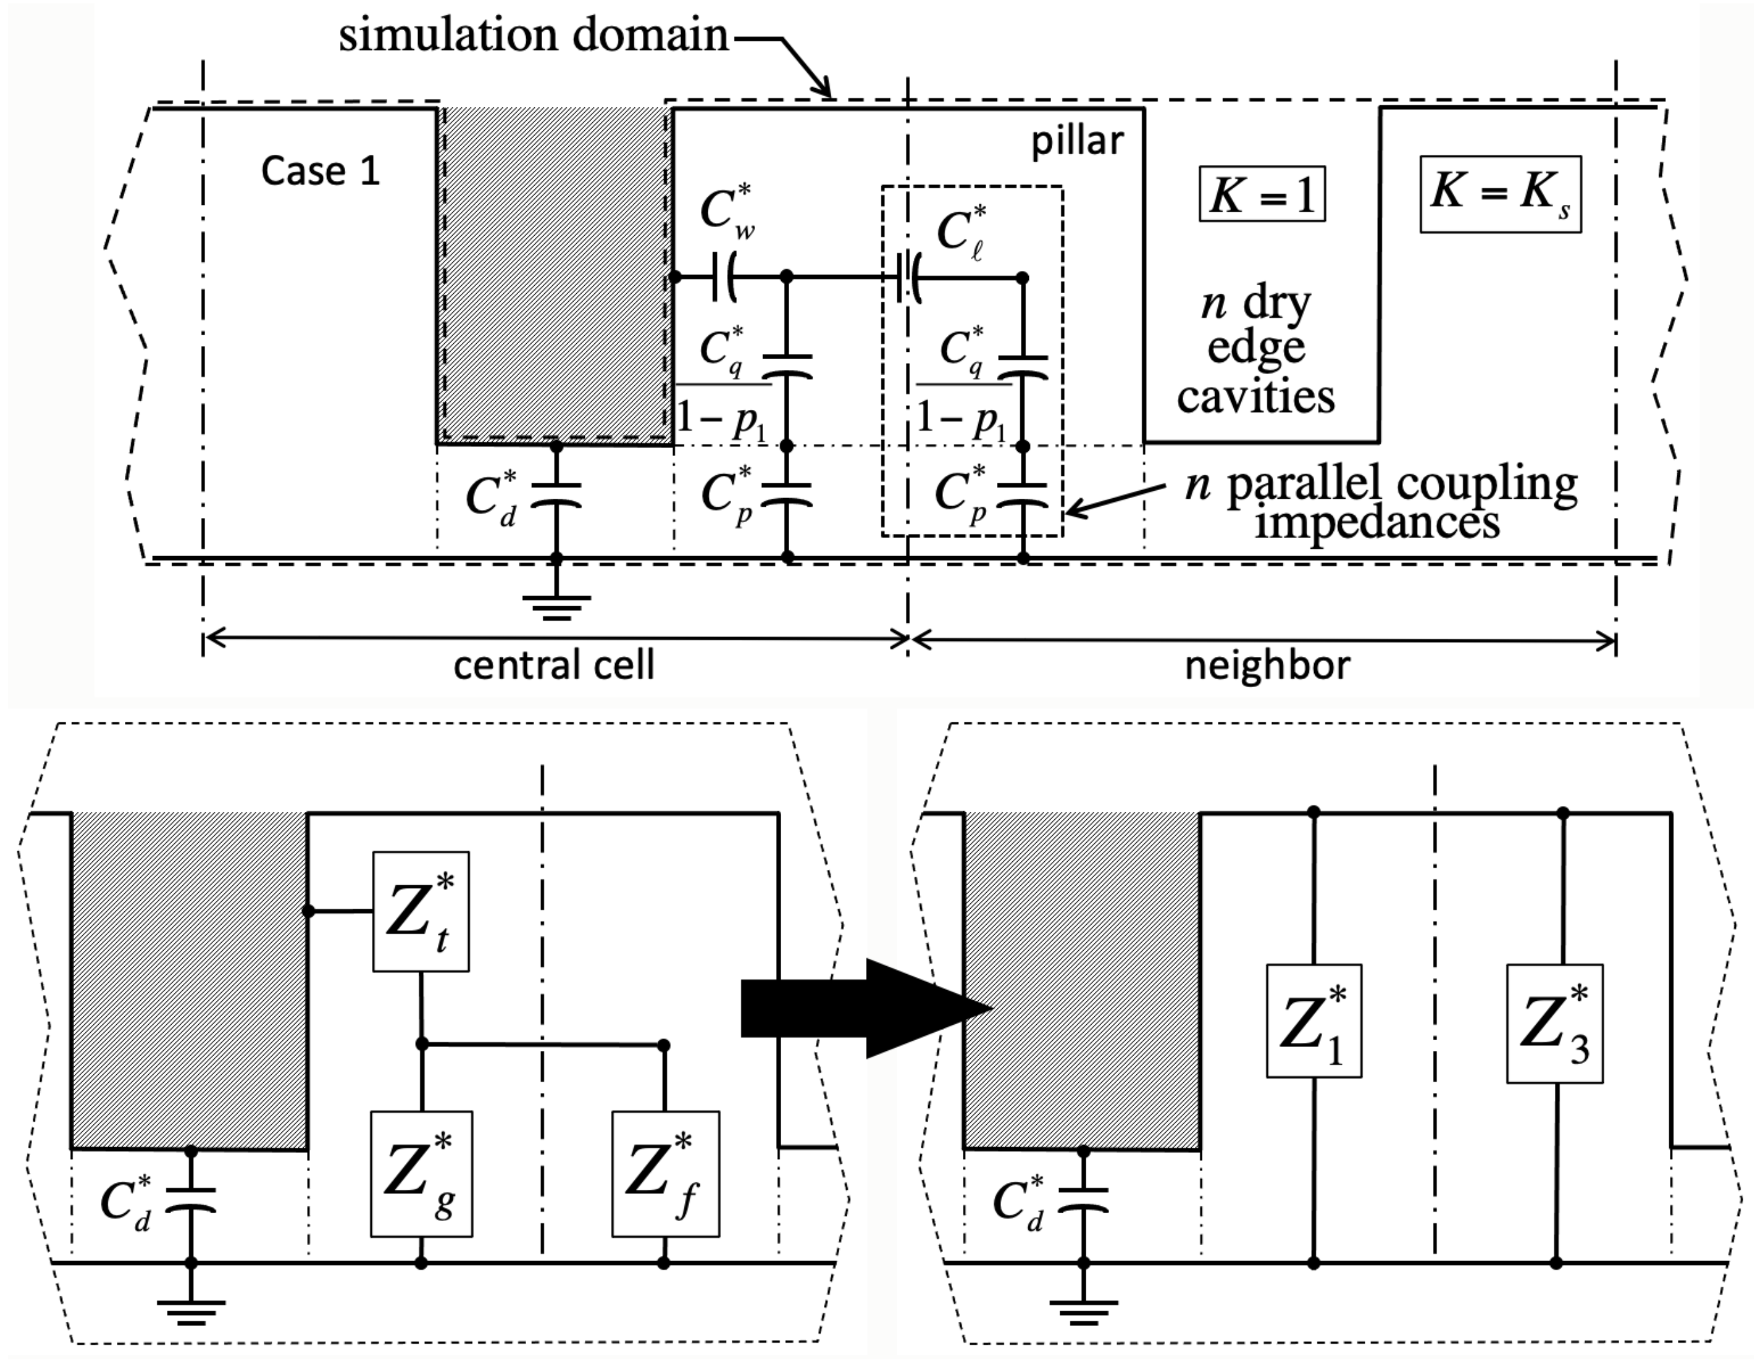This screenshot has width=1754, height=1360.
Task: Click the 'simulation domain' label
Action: point(533,35)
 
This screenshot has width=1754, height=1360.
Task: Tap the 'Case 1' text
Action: point(320,171)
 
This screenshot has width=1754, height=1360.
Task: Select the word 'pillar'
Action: point(1077,142)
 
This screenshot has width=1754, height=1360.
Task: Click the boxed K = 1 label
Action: point(1262,194)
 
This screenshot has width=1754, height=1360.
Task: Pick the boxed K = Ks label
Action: point(1500,194)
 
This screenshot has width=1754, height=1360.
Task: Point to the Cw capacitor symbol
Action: point(725,278)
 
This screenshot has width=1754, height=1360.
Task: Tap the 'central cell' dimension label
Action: point(554,666)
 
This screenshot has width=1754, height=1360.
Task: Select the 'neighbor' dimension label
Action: point(1267,666)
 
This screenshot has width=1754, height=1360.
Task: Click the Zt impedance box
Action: point(421,912)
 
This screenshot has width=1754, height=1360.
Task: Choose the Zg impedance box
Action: point(421,1174)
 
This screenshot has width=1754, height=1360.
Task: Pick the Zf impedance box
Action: point(665,1174)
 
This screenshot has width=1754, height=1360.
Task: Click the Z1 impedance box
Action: point(1313,1021)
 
